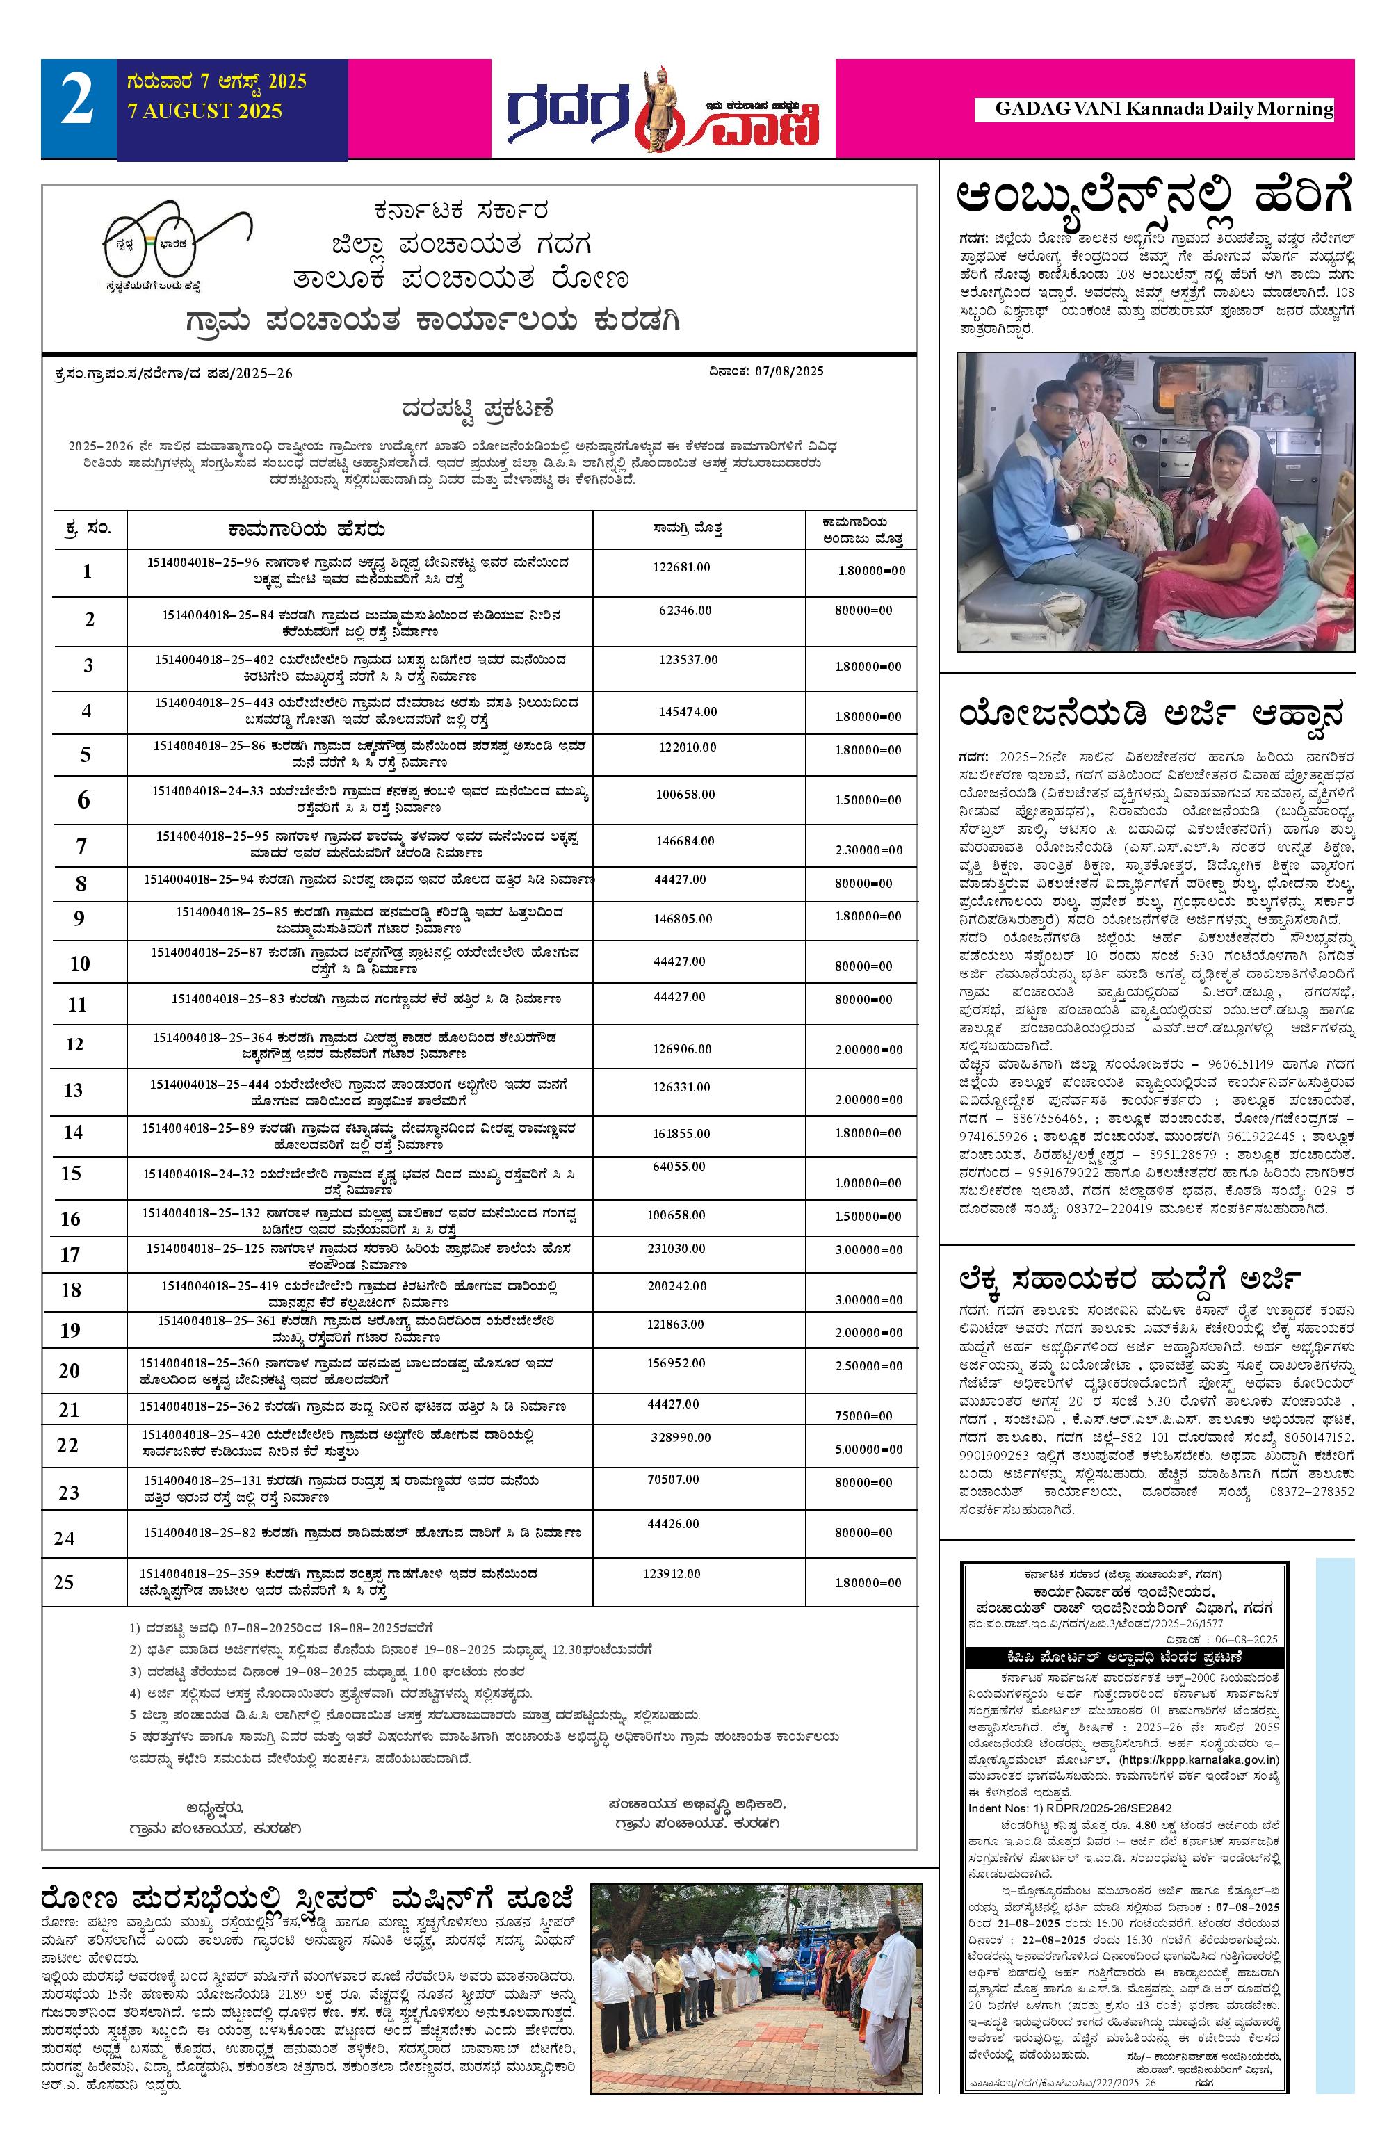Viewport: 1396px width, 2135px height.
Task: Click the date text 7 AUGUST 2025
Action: click(x=204, y=111)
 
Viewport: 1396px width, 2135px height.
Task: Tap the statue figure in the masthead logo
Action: click(x=657, y=108)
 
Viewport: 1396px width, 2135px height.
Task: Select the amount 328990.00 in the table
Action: click(x=680, y=1437)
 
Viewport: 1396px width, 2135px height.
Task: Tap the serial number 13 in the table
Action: click(x=73, y=1090)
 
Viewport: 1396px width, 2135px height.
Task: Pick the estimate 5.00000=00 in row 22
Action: click(x=868, y=1449)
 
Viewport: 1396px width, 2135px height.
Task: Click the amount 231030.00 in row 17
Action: click(x=676, y=1248)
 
